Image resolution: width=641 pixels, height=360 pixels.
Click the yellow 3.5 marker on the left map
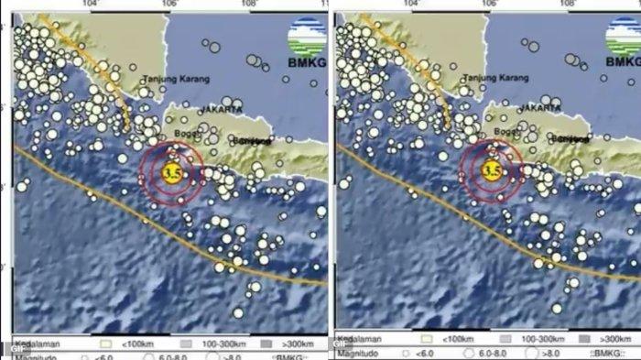coord(169,171)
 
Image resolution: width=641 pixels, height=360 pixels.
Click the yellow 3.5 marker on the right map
coord(491,170)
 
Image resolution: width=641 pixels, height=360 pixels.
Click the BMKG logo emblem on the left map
coord(306,37)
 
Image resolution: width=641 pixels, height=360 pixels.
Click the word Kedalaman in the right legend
coord(361,339)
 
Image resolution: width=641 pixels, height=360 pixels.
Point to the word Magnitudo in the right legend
coord(361,352)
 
